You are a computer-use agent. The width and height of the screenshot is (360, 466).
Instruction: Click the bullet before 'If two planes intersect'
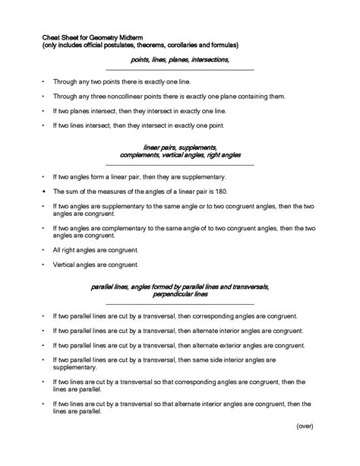coord(43,111)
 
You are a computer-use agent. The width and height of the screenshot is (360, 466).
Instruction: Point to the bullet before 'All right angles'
coord(43,249)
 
